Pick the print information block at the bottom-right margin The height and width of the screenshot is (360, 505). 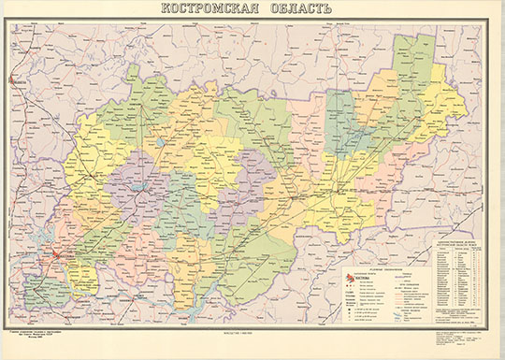coord(465,339)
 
